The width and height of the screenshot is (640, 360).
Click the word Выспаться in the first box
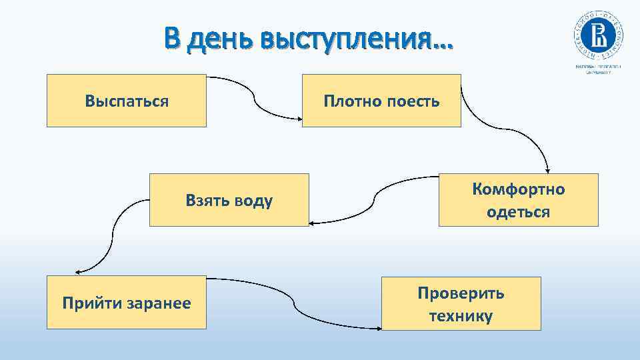(x=127, y=101)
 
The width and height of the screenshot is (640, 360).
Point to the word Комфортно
(x=519, y=189)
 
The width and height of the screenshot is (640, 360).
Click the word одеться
(x=519, y=212)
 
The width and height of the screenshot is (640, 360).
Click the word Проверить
(x=461, y=293)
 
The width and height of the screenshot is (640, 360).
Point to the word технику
(x=461, y=316)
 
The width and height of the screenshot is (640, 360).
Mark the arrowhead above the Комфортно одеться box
(x=547, y=169)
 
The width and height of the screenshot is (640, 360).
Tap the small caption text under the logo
(x=598, y=69)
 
